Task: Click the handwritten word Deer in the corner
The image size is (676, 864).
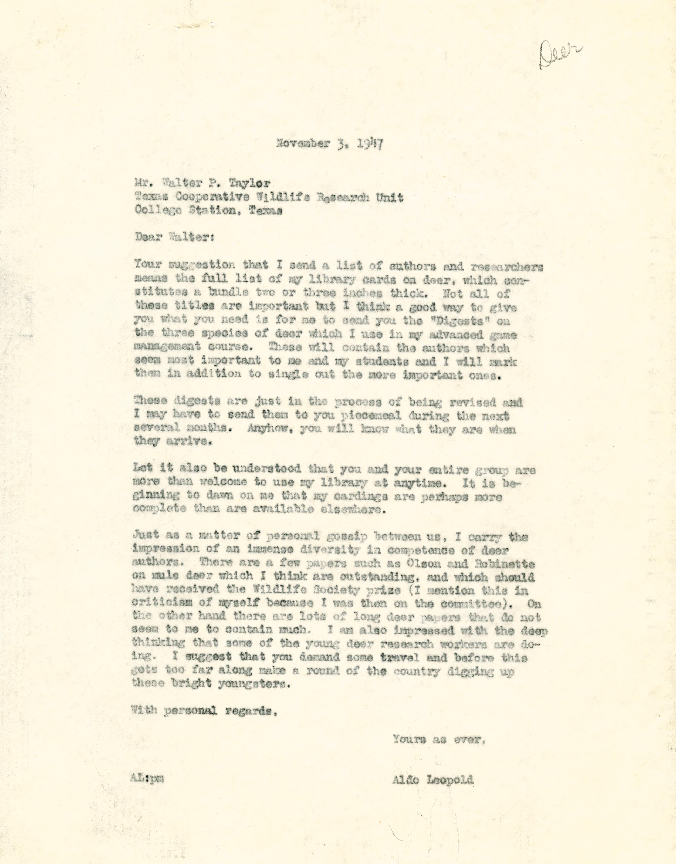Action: tap(562, 55)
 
